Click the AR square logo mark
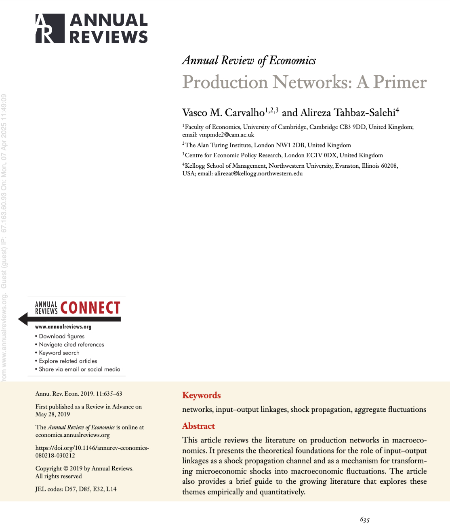click(50, 28)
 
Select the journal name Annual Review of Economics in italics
click(249, 61)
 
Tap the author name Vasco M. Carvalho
click(223, 112)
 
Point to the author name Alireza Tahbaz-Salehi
click(347, 112)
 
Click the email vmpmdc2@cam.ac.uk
click(226, 135)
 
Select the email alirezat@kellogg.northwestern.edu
click(259, 174)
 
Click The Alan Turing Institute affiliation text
click(218, 145)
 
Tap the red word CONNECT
click(90, 308)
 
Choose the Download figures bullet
click(61, 336)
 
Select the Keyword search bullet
click(59, 353)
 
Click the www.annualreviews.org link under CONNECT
click(63, 327)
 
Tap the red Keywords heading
click(201, 395)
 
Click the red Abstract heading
click(198, 426)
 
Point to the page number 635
click(365, 520)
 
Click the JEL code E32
click(98, 489)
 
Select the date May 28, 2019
click(53, 414)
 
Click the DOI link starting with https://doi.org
click(92, 452)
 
